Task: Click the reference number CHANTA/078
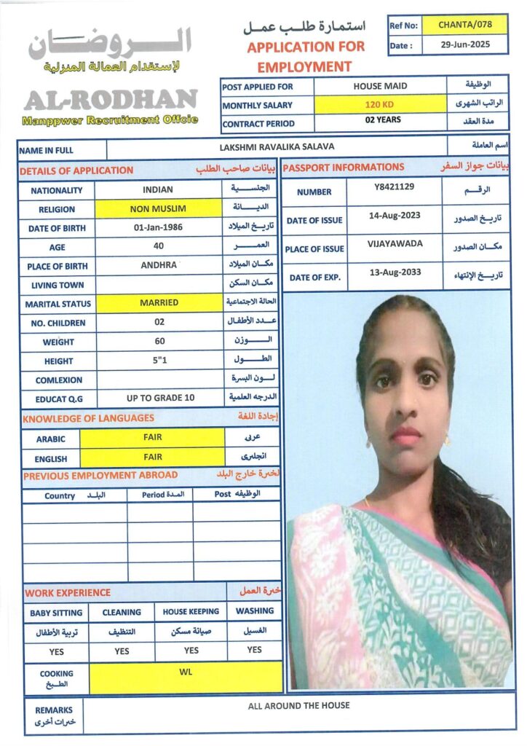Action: tap(465, 25)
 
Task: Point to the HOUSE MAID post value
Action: tap(380, 86)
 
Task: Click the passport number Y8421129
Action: tap(393, 187)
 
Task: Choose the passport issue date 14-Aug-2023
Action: tap(394, 216)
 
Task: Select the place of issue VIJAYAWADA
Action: tap(395, 244)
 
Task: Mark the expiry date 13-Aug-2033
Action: tap(394, 272)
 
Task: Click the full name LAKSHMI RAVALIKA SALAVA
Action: tap(277, 147)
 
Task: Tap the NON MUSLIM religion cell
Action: tap(158, 208)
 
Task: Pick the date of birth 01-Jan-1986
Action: tap(158, 227)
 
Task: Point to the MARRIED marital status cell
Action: tap(159, 302)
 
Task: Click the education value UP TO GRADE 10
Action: tap(160, 398)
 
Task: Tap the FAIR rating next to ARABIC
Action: tap(153, 437)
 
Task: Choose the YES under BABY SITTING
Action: tap(57, 651)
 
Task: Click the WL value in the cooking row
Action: tap(185, 671)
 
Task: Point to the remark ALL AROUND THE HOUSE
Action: tap(298, 705)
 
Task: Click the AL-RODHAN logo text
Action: tap(110, 98)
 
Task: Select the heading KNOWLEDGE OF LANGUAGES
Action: tap(88, 418)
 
